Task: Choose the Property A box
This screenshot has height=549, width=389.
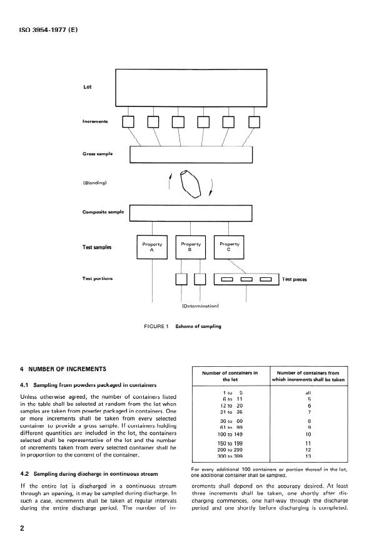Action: (x=153, y=247)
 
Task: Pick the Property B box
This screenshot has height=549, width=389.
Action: (x=191, y=247)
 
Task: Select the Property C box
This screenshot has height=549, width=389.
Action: (x=230, y=247)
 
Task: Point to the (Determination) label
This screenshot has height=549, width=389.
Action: (x=198, y=307)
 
